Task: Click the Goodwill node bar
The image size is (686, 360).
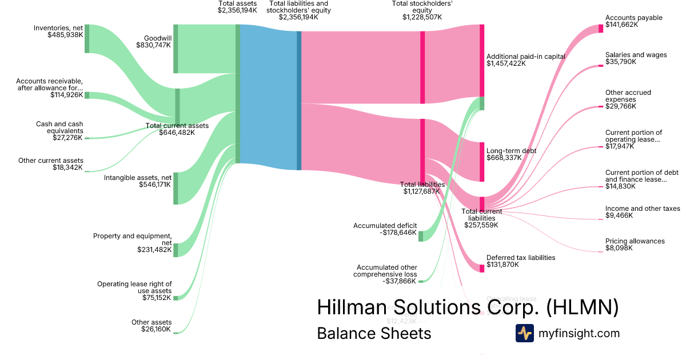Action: [176, 49]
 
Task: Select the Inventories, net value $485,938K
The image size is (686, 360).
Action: [66, 35]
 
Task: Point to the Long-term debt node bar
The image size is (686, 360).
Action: [482, 162]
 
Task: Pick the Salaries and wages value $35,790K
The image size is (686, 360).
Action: [620, 62]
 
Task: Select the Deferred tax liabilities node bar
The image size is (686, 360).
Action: [482, 268]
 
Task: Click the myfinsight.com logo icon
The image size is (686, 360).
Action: [525, 333]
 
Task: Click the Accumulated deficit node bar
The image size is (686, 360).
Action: [421, 236]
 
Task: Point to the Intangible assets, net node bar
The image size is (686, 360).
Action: [176, 188]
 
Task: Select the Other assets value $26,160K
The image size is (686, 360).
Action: [156, 330]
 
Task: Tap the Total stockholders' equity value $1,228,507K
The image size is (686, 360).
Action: [422, 17]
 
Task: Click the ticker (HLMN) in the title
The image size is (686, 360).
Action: [582, 307]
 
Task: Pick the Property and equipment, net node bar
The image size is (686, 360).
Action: [176, 250]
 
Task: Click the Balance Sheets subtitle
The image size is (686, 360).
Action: [374, 333]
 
